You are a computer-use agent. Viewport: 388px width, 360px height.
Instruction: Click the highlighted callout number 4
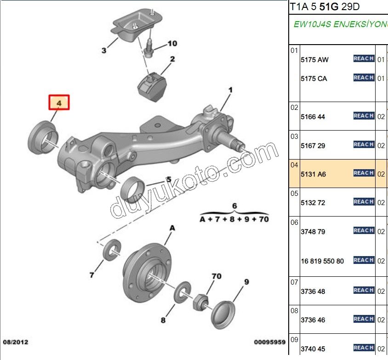pos(59,103)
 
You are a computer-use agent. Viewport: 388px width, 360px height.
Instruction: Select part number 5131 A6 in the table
pos(313,174)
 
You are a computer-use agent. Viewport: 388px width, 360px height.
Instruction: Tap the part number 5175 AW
pos(314,60)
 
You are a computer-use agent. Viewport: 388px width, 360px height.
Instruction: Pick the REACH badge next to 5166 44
pos(364,116)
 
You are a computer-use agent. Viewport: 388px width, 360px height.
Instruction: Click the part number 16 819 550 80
pos(322,261)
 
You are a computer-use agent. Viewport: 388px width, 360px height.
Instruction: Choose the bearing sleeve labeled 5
pos(133,185)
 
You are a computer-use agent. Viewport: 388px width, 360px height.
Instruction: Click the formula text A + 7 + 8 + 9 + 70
pos(234,219)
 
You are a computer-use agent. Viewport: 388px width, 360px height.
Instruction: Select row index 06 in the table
pos(294,223)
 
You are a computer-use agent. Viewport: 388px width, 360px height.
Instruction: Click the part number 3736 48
pos(313,291)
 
